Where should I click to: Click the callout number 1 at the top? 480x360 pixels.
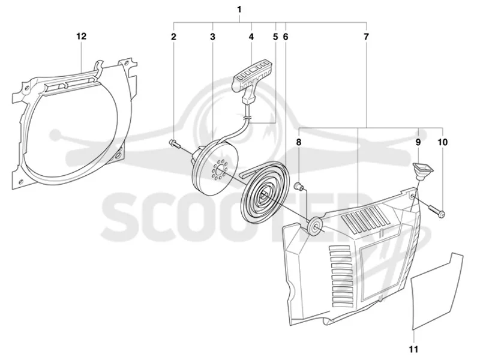pyautogui.click(x=239, y=10)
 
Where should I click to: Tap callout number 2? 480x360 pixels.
pyautogui.click(x=173, y=37)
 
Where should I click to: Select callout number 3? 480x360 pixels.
pyautogui.click(x=212, y=37)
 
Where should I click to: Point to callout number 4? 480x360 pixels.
pyautogui.click(x=251, y=37)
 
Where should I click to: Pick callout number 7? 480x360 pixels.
pyautogui.click(x=366, y=37)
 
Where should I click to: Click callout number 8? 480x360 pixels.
pyautogui.click(x=298, y=142)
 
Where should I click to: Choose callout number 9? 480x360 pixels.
pyautogui.click(x=418, y=142)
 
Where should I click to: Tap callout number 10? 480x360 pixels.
pyautogui.click(x=443, y=142)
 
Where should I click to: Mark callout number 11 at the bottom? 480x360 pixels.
pyautogui.click(x=413, y=349)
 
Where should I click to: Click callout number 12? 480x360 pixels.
pyautogui.click(x=82, y=36)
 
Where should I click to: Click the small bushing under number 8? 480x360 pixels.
pyautogui.click(x=298, y=185)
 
